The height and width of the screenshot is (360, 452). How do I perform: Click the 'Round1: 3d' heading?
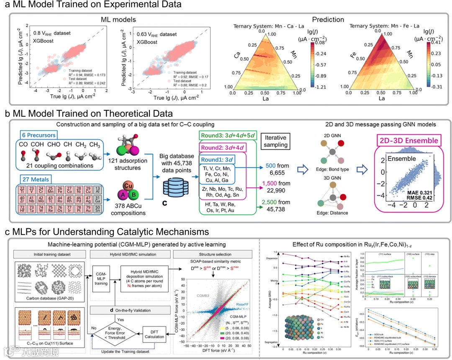(x=221, y=160)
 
